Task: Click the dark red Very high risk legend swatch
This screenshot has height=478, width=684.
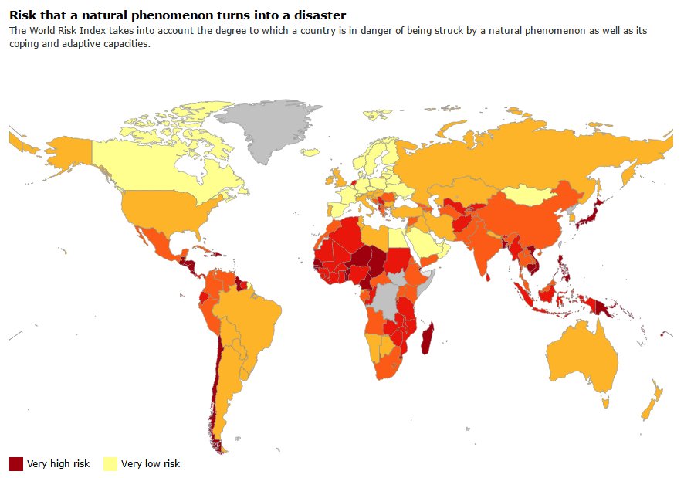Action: coord(16,463)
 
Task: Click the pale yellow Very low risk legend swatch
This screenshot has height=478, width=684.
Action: coord(110,463)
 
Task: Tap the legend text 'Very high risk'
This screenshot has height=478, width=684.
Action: coord(58,464)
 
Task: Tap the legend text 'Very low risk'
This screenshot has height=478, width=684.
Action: coord(151,464)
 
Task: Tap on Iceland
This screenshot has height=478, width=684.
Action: coord(310,153)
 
